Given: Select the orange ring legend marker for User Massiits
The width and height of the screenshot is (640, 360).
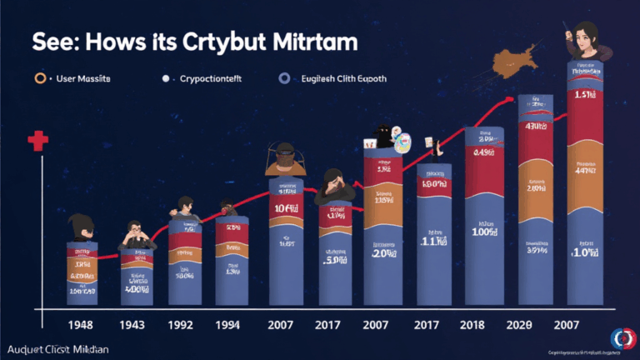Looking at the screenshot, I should click(x=40, y=78).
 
